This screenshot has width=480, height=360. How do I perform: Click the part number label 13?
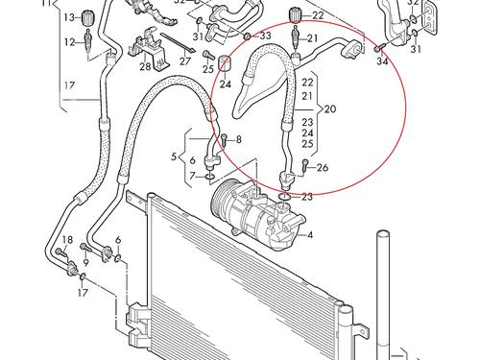(69, 17)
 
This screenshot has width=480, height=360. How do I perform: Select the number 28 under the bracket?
(145, 67)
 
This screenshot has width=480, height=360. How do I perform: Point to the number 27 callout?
(184, 61)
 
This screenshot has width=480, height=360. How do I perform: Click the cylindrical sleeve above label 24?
(226, 62)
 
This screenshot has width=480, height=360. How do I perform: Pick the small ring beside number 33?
(248, 36)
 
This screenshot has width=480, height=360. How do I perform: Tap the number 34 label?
(382, 60)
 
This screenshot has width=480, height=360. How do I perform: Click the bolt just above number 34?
(378, 49)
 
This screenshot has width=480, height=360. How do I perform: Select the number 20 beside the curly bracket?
(330, 109)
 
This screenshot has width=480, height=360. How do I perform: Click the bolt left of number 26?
(305, 166)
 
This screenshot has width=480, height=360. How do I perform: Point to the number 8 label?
(239, 139)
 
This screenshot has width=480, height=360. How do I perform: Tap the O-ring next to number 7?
(209, 177)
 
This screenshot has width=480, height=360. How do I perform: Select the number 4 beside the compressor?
(309, 235)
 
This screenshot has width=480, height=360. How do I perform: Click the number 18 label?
(67, 240)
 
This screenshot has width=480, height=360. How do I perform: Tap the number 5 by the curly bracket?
(174, 157)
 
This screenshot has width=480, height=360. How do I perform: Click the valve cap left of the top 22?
(295, 15)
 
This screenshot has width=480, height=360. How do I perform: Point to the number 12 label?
(69, 42)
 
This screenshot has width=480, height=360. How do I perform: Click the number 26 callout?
(323, 167)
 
